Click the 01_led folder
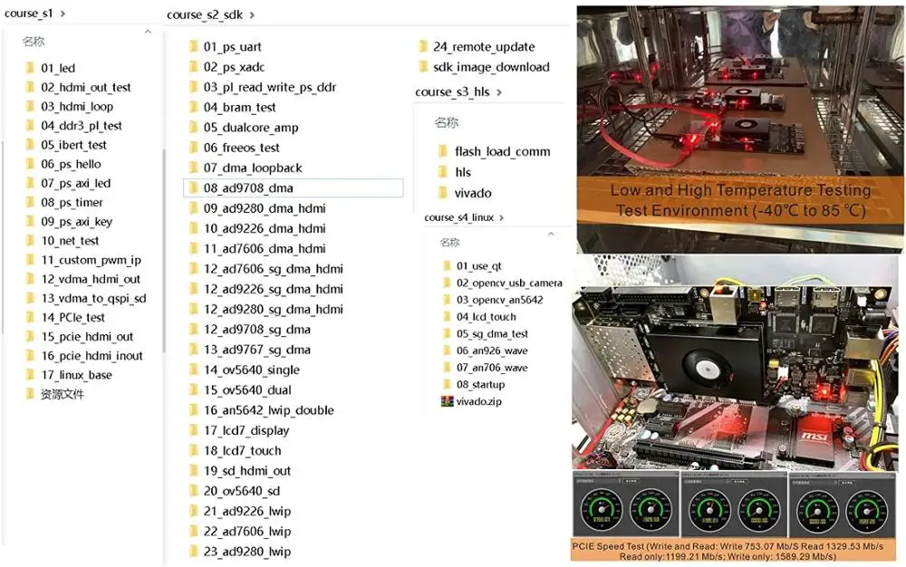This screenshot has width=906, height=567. [x=58, y=68]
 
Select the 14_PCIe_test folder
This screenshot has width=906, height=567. [x=72, y=317]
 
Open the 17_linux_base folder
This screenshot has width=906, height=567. [x=76, y=375]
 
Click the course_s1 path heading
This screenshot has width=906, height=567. [x=29, y=13]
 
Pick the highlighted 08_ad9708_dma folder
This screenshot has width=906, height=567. [x=247, y=188]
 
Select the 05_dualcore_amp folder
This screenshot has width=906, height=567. [x=250, y=128]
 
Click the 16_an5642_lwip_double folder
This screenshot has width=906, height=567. [x=268, y=410]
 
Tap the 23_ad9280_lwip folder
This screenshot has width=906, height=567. [x=246, y=552]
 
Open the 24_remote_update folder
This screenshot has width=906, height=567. [x=483, y=47]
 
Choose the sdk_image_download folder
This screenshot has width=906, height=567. [x=490, y=67]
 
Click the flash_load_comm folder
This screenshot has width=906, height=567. [x=502, y=152]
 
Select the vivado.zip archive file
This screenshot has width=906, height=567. [x=477, y=401]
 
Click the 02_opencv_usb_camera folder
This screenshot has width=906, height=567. [x=508, y=283]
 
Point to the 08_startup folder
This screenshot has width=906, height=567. [x=480, y=385]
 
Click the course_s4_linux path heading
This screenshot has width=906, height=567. [x=459, y=218]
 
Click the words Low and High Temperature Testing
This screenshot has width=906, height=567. [x=739, y=191]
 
